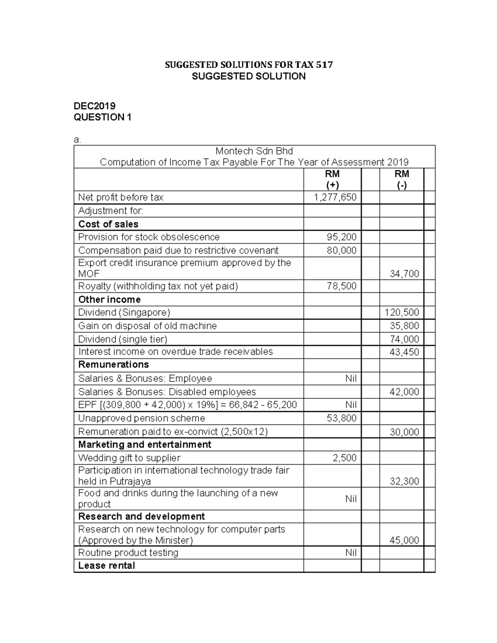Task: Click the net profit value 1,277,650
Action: click(335, 197)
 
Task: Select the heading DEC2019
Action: click(94, 106)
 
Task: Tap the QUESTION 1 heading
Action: click(102, 117)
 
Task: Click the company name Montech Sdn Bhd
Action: click(254, 151)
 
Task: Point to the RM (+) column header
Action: click(333, 179)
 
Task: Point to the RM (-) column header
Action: click(402, 179)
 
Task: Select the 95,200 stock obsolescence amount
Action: click(341, 237)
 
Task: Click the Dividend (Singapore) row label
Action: click(124, 313)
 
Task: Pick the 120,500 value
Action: click(402, 313)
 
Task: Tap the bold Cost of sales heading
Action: click(108, 224)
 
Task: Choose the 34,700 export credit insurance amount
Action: click(404, 274)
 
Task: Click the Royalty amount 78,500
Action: click(341, 286)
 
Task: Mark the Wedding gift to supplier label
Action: click(129, 458)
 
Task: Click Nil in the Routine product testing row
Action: click(351, 553)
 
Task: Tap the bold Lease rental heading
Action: click(106, 566)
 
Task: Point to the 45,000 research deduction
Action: click(404, 540)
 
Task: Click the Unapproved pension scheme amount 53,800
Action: click(341, 418)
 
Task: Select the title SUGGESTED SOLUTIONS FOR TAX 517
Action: click(248, 65)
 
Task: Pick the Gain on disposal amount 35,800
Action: click(404, 326)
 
